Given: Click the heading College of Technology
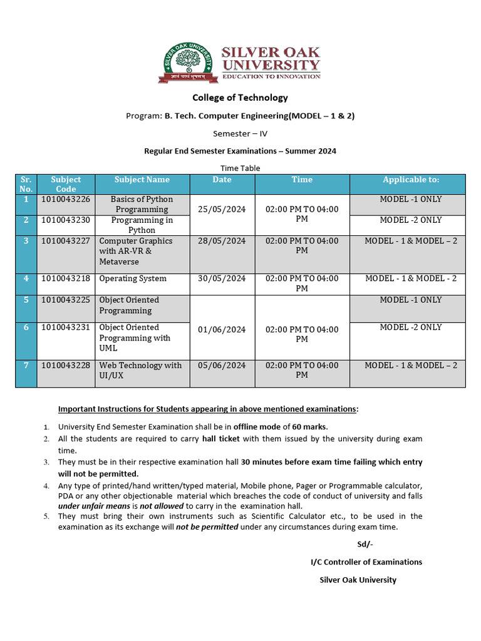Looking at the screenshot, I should (x=240, y=98).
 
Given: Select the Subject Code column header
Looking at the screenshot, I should (x=66, y=184).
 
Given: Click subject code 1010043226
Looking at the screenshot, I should (x=66, y=200).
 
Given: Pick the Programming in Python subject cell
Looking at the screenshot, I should (x=142, y=225).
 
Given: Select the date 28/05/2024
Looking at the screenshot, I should (x=222, y=241).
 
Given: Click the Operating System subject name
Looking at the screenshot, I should (x=133, y=279).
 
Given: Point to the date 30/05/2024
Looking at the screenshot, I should (x=222, y=279).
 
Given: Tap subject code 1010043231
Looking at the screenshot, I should (x=66, y=327).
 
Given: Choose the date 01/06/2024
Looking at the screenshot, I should (x=222, y=330).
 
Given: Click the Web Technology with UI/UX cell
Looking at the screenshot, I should (x=140, y=371).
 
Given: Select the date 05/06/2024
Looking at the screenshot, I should (x=222, y=366).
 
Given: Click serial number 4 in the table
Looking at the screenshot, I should (x=26, y=279).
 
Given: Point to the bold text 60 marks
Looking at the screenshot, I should (x=310, y=427).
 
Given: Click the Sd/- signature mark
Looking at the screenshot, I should (x=365, y=544).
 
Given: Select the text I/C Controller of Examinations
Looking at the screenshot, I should (x=366, y=562).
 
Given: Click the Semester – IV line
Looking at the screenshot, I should (x=240, y=133).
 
